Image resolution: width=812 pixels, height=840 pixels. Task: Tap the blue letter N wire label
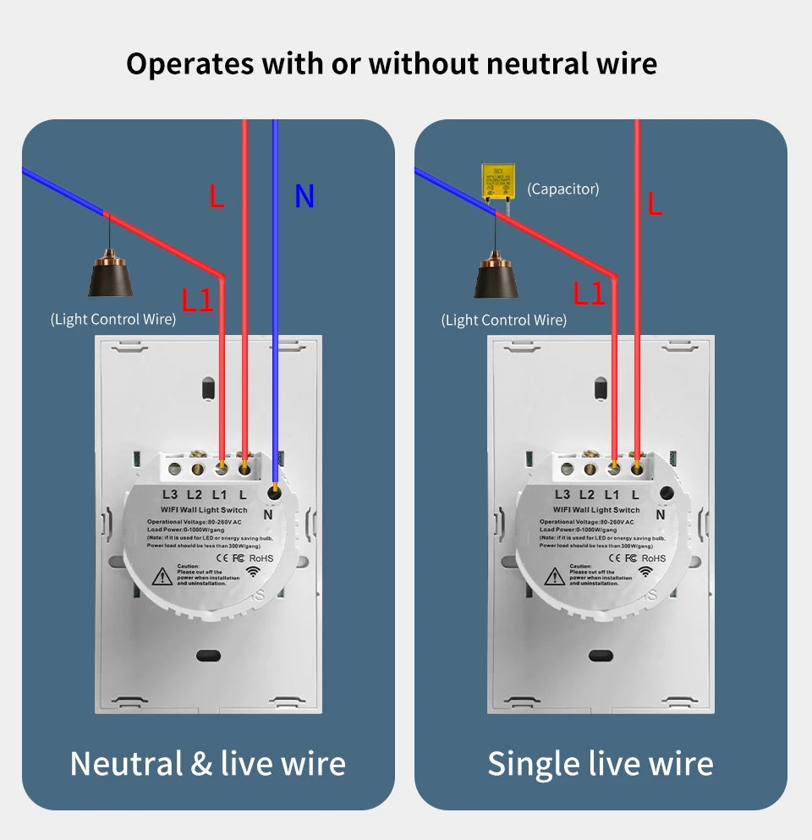click(x=304, y=197)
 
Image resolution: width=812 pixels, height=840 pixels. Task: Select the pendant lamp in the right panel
click(x=496, y=276)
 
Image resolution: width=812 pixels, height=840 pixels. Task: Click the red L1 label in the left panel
click(x=198, y=300)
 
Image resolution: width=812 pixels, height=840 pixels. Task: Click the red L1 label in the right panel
click(x=590, y=294)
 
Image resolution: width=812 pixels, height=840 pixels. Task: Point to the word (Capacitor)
click(x=562, y=189)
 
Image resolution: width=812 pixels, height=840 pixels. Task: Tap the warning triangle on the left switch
click(x=161, y=577)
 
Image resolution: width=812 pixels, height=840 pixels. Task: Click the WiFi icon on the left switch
click(x=252, y=572)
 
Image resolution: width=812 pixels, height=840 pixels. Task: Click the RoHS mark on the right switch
click(x=653, y=557)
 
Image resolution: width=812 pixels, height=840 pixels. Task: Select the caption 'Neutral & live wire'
click(x=207, y=764)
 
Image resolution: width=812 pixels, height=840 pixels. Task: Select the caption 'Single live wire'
click(x=600, y=764)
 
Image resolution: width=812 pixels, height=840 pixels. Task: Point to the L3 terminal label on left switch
click(x=170, y=494)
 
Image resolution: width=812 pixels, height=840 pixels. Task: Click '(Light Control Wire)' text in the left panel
click(x=113, y=319)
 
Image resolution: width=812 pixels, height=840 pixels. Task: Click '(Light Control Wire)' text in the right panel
click(x=504, y=320)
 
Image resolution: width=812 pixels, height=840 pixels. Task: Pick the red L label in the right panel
click(x=656, y=204)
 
